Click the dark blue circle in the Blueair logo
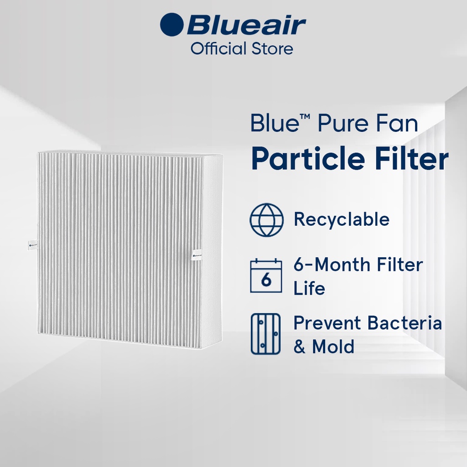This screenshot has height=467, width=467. coord(171,25)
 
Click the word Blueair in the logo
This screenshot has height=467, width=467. coord(246,25)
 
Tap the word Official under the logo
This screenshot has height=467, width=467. coord(218,48)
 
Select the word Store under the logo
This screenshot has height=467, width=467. coord(273,49)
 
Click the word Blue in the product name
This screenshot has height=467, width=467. coord(275,123)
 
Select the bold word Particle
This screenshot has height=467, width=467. coord(308,158)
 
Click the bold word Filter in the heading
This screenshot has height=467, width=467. coord(412,158)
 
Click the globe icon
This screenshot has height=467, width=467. coord(266,220)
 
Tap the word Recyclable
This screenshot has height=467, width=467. coord(342,220)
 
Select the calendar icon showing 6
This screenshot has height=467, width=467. coord(266,275)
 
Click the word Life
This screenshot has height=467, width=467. coord(309,288)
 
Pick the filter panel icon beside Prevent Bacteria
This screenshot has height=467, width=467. coord(266,333)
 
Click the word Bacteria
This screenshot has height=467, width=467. coord(405,323)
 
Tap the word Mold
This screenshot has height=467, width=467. coord(333,347)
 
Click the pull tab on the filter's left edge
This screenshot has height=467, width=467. coord(33,245)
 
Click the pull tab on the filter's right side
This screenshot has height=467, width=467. coord(197,255)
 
